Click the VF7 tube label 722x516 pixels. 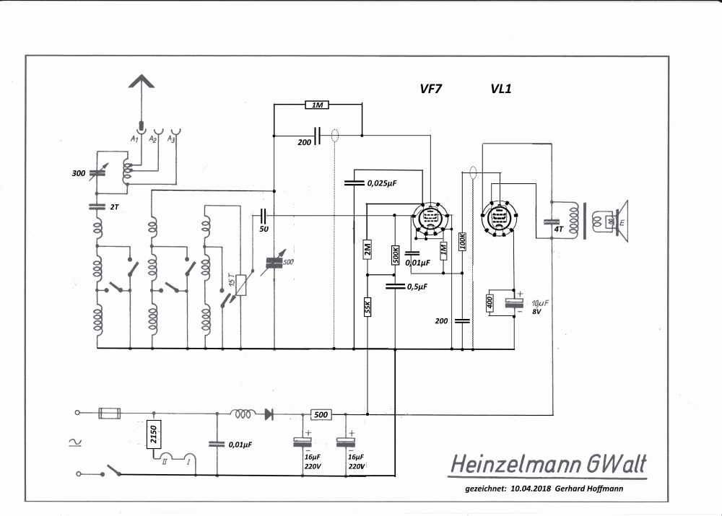(431, 89)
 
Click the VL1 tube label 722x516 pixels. (501, 89)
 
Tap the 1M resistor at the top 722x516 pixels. (317, 105)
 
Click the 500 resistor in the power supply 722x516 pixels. (321, 414)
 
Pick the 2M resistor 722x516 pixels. (367, 250)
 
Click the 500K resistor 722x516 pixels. (395, 254)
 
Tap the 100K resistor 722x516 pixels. (462, 242)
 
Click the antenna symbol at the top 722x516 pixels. (142, 83)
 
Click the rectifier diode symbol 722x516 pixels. (269, 414)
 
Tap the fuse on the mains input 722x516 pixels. (110, 413)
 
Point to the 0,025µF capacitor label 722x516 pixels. (383, 183)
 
